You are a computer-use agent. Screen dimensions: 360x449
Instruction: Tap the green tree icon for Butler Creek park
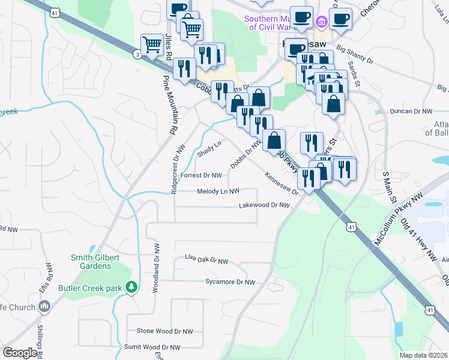(x=131, y=288)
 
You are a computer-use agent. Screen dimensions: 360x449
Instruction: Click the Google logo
(x=20, y=353)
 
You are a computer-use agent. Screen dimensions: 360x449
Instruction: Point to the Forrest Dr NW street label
(x=202, y=176)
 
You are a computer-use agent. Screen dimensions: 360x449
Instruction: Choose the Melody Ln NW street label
(x=218, y=191)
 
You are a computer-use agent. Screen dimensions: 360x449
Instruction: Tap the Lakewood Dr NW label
(x=265, y=205)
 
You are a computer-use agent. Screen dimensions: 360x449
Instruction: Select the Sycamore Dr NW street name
(x=230, y=282)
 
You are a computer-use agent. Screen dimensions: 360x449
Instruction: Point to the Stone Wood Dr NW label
(x=165, y=331)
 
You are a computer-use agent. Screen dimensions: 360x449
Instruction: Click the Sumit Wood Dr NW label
(x=152, y=347)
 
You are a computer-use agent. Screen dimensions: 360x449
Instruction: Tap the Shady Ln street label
(x=209, y=148)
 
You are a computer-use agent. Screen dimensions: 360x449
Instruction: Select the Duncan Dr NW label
(x=411, y=112)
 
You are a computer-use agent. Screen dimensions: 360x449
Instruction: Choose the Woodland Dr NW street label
(x=155, y=268)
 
